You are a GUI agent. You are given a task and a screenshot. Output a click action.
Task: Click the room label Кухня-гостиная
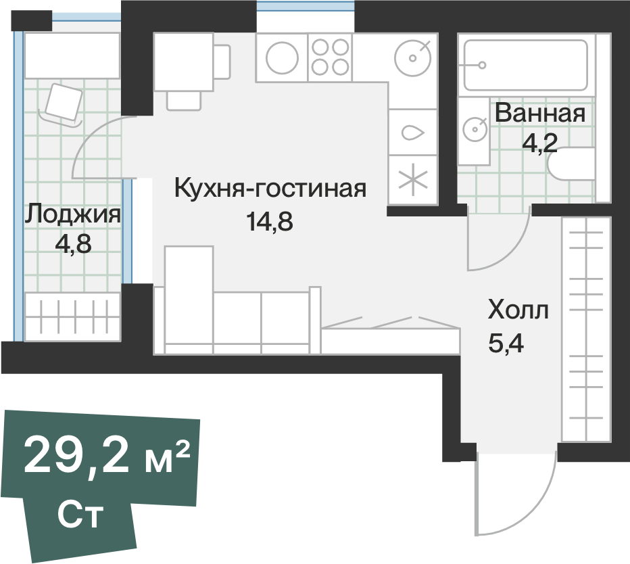coord(270,188)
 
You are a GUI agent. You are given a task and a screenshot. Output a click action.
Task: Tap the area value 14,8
coord(270,222)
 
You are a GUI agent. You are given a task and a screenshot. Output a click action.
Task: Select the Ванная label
coord(539,113)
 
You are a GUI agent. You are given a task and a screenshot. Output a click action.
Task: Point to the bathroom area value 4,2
coord(539,143)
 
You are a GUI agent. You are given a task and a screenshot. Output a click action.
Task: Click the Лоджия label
coord(73,214)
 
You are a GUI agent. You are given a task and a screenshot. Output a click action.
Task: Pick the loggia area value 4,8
coord(73,243)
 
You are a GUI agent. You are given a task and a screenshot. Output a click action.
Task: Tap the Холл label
coord(518,310)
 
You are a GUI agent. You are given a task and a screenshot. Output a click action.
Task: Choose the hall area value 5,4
coord(506,344)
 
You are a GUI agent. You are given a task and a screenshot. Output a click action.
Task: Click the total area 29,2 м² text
coord(107,456)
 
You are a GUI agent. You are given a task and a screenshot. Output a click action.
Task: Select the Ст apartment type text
coord(80,514)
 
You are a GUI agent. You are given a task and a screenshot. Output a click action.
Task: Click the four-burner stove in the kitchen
coord(330,57)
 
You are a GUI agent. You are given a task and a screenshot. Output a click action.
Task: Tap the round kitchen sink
coord(412,58)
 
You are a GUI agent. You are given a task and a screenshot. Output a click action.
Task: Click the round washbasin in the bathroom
coord(475,129)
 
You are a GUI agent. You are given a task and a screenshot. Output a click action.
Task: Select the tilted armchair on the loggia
coord(63,103)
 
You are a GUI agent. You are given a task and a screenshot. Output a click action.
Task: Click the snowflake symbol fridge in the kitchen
coord(413,180)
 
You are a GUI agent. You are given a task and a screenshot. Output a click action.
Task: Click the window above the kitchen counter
coord(306,7)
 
